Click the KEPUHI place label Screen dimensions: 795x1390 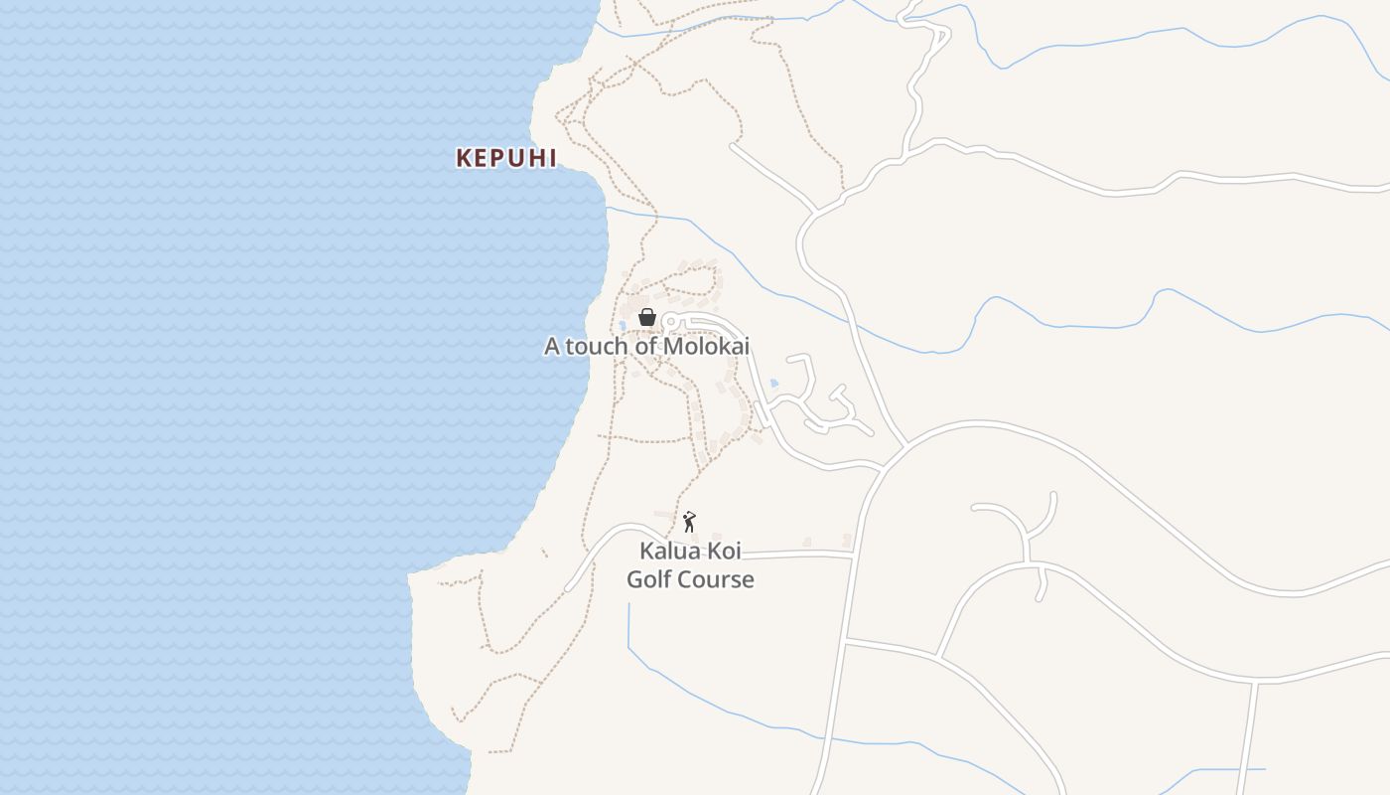tap(506, 158)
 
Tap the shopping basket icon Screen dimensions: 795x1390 tap(647, 317)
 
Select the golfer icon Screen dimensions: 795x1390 tap(689, 522)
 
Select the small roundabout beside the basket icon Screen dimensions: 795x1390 tap(669, 321)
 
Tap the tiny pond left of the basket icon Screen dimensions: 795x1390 tap(623, 325)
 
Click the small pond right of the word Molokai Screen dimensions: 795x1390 tap(773, 383)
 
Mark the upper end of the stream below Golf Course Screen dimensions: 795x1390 tap(628, 604)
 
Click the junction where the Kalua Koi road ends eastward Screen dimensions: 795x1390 tap(853, 555)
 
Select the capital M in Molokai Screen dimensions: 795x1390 tap(672, 347)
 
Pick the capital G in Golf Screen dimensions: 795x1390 tap(635, 579)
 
